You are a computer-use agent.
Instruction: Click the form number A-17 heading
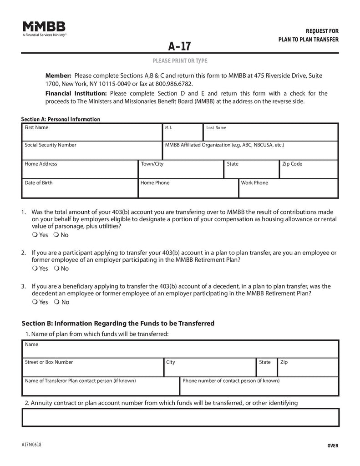coord(179,46)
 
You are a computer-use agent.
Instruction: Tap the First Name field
coord(92,132)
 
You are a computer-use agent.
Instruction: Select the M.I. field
coord(183,132)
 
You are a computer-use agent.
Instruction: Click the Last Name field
coord(270,132)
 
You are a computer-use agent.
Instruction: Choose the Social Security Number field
coord(92,151)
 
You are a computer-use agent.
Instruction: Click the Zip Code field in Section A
coord(309,169)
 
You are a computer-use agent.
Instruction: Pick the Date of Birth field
coord(80,188)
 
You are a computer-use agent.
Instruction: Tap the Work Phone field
coord(289,188)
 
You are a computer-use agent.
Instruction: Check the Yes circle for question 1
coord(35,235)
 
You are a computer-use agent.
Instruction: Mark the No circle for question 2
coord(56,268)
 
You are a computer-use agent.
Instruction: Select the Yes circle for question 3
coord(35,302)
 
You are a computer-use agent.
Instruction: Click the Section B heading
coord(118,324)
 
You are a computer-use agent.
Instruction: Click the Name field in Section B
coord(180,349)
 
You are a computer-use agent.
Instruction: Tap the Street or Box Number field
coord(93,368)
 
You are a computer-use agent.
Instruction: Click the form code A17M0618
coord(31,445)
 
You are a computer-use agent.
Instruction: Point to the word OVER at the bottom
coord(333,446)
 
